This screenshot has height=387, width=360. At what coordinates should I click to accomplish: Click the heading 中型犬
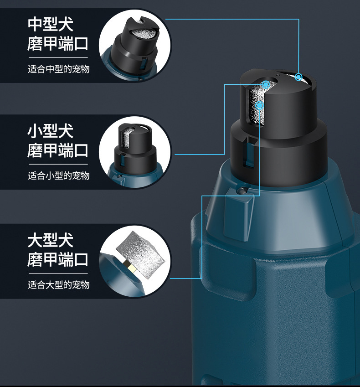[x=51, y=24]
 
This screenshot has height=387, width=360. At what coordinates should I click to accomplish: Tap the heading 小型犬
[x=51, y=131]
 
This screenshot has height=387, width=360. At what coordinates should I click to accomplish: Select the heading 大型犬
[x=51, y=240]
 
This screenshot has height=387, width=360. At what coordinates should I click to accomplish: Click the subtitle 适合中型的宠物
[x=58, y=69]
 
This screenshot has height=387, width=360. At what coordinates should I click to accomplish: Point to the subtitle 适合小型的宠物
[x=58, y=176]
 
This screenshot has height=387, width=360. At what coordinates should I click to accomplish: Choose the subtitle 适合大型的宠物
[x=58, y=284]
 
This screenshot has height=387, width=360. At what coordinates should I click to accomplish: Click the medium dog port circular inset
[x=135, y=46]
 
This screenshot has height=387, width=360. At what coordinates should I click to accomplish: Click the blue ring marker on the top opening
[x=298, y=77]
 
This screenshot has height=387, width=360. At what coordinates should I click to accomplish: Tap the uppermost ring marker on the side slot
[x=266, y=85]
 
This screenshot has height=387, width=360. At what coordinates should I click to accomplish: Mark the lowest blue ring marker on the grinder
[x=259, y=106]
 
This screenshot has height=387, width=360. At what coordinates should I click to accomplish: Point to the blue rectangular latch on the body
[x=239, y=217]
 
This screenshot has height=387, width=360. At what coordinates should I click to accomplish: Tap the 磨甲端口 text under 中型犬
[x=58, y=44]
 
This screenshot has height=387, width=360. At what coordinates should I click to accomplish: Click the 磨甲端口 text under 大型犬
[x=58, y=260]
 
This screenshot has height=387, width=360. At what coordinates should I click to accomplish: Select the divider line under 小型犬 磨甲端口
[x=58, y=165]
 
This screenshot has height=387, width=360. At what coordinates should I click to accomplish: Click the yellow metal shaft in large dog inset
[x=131, y=266]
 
